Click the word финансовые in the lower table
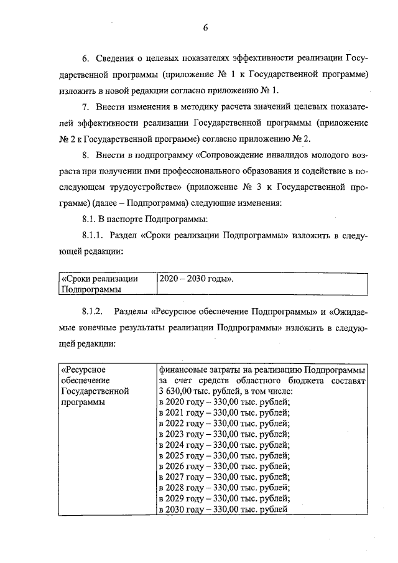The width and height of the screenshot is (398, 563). coord(183,368)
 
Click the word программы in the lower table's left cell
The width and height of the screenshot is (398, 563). coord(83,402)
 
